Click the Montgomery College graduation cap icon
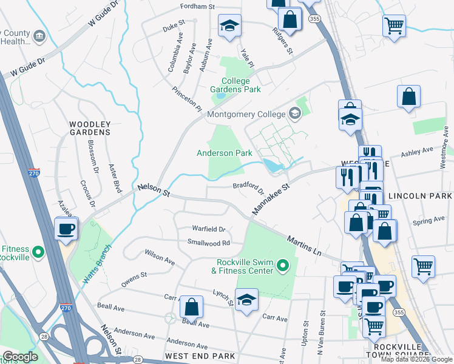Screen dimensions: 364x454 pyautogui.click(x=295, y=113)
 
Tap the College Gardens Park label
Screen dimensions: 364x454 pyautogui.click(x=235, y=85)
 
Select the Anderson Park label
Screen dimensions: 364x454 pyautogui.click(x=224, y=153)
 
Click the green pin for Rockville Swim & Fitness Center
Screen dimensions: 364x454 pyautogui.click(x=282, y=265)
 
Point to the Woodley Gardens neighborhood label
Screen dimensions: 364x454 pyautogui.click(x=90, y=127)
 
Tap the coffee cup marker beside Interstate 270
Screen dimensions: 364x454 pyautogui.click(x=66, y=229)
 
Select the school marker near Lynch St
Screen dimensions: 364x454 pyautogui.click(x=246, y=300)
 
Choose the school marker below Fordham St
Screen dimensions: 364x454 pyautogui.click(x=229, y=25)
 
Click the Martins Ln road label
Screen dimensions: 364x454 pyautogui.click(x=303, y=246)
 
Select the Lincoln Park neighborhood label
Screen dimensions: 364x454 pyautogui.click(x=420, y=196)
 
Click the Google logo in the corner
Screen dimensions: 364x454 pyautogui.click(x=20, y=357)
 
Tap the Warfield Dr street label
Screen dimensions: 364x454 pyautogui.click(x=208, y=229)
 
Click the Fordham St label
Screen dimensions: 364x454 pyautogui.click(x=198, y=6)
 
